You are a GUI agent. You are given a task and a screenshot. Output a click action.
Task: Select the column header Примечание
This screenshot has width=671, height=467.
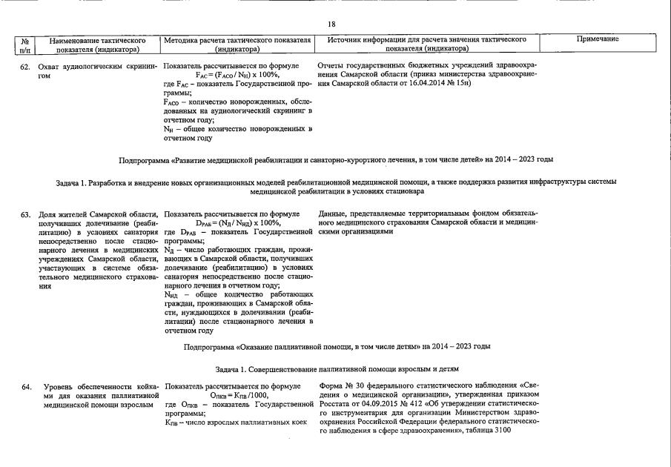(x=598, y=39)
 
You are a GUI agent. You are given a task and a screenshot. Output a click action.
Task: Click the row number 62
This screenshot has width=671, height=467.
(x=25, y=67)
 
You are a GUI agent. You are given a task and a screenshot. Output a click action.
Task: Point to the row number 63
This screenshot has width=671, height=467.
(x=25, y=214)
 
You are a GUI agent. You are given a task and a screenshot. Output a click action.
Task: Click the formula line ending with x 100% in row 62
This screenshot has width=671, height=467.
(x=237, y=75)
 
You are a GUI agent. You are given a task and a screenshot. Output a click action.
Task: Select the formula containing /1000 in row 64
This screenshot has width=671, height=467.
(x=238, y=395)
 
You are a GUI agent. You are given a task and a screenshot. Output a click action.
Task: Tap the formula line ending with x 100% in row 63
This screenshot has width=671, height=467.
(x=238, y=222)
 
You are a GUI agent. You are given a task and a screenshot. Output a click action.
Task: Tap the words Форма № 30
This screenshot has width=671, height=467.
(x=340, y=386)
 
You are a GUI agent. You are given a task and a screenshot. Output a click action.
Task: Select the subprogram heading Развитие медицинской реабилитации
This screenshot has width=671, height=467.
(x=336, y=159)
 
